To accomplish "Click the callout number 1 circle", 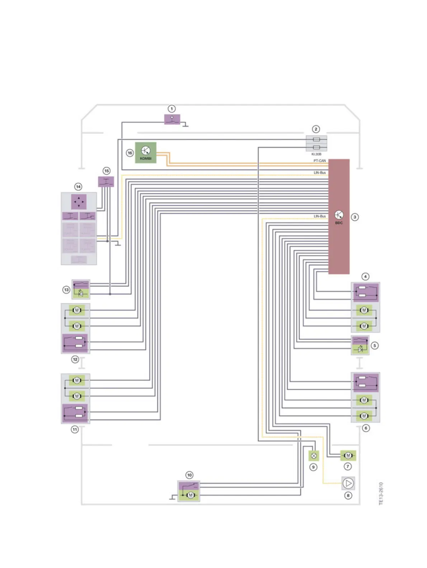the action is (172, 109).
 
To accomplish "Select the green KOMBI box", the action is (146, 152).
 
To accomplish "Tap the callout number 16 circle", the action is (130, 153).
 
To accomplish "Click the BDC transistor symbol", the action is (339, 215).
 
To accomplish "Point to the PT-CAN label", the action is (319, 161).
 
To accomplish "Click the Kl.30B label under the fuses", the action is (316, 154).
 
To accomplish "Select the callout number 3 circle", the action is (355, 217).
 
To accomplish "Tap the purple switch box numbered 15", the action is (106, 181).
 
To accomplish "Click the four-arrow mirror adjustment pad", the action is (79, 202).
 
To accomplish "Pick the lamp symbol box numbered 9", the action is (314, 456).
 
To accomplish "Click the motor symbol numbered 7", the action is (348, 455).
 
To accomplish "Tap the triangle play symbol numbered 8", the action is (348, 483).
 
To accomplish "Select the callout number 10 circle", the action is (189, 475).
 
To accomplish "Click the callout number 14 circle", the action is (78, 186).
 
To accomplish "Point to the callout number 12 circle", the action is (75, 359).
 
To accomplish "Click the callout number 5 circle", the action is (375, 346).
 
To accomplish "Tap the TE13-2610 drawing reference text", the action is (381, 493).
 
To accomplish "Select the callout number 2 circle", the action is (316, 129).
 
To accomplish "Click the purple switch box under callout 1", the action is (172, 119).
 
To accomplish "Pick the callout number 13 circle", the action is (66, 289).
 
